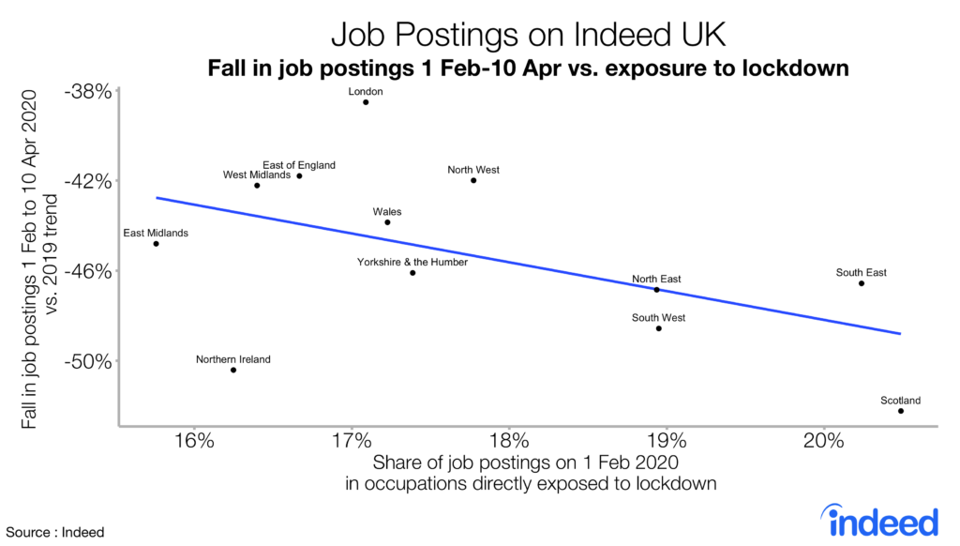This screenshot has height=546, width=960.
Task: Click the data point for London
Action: coord(366,102)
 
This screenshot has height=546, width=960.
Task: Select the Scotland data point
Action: coord(901,411)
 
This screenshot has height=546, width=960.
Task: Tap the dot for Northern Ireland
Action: coord(233,370)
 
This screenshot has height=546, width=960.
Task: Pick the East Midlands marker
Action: coord(156,244)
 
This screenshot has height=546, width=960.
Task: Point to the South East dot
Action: coord(862,283)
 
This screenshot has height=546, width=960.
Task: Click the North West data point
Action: coord(473,180)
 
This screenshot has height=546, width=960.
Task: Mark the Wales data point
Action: coord(387,222)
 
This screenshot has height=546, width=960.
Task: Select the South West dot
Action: coord(659,328)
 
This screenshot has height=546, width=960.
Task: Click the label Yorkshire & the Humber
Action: coord(412,263)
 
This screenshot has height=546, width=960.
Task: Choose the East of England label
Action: coord(299,165)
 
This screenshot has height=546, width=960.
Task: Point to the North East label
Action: coord(656,279)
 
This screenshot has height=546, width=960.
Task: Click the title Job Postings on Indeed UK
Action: coord(528,38)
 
